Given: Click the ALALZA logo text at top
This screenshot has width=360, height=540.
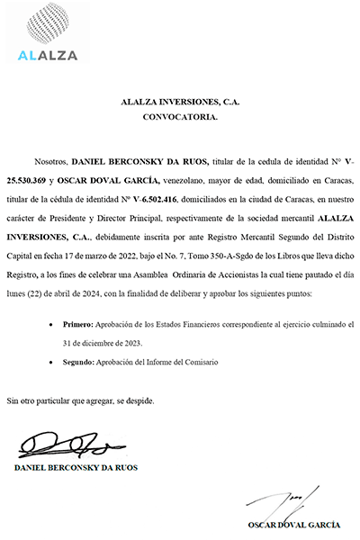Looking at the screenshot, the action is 48,55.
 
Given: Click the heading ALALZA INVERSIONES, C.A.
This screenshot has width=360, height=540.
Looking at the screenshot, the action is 180,103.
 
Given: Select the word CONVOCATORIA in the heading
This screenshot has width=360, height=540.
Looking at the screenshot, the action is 180,117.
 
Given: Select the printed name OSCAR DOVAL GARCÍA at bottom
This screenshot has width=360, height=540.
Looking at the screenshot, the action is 294,525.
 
